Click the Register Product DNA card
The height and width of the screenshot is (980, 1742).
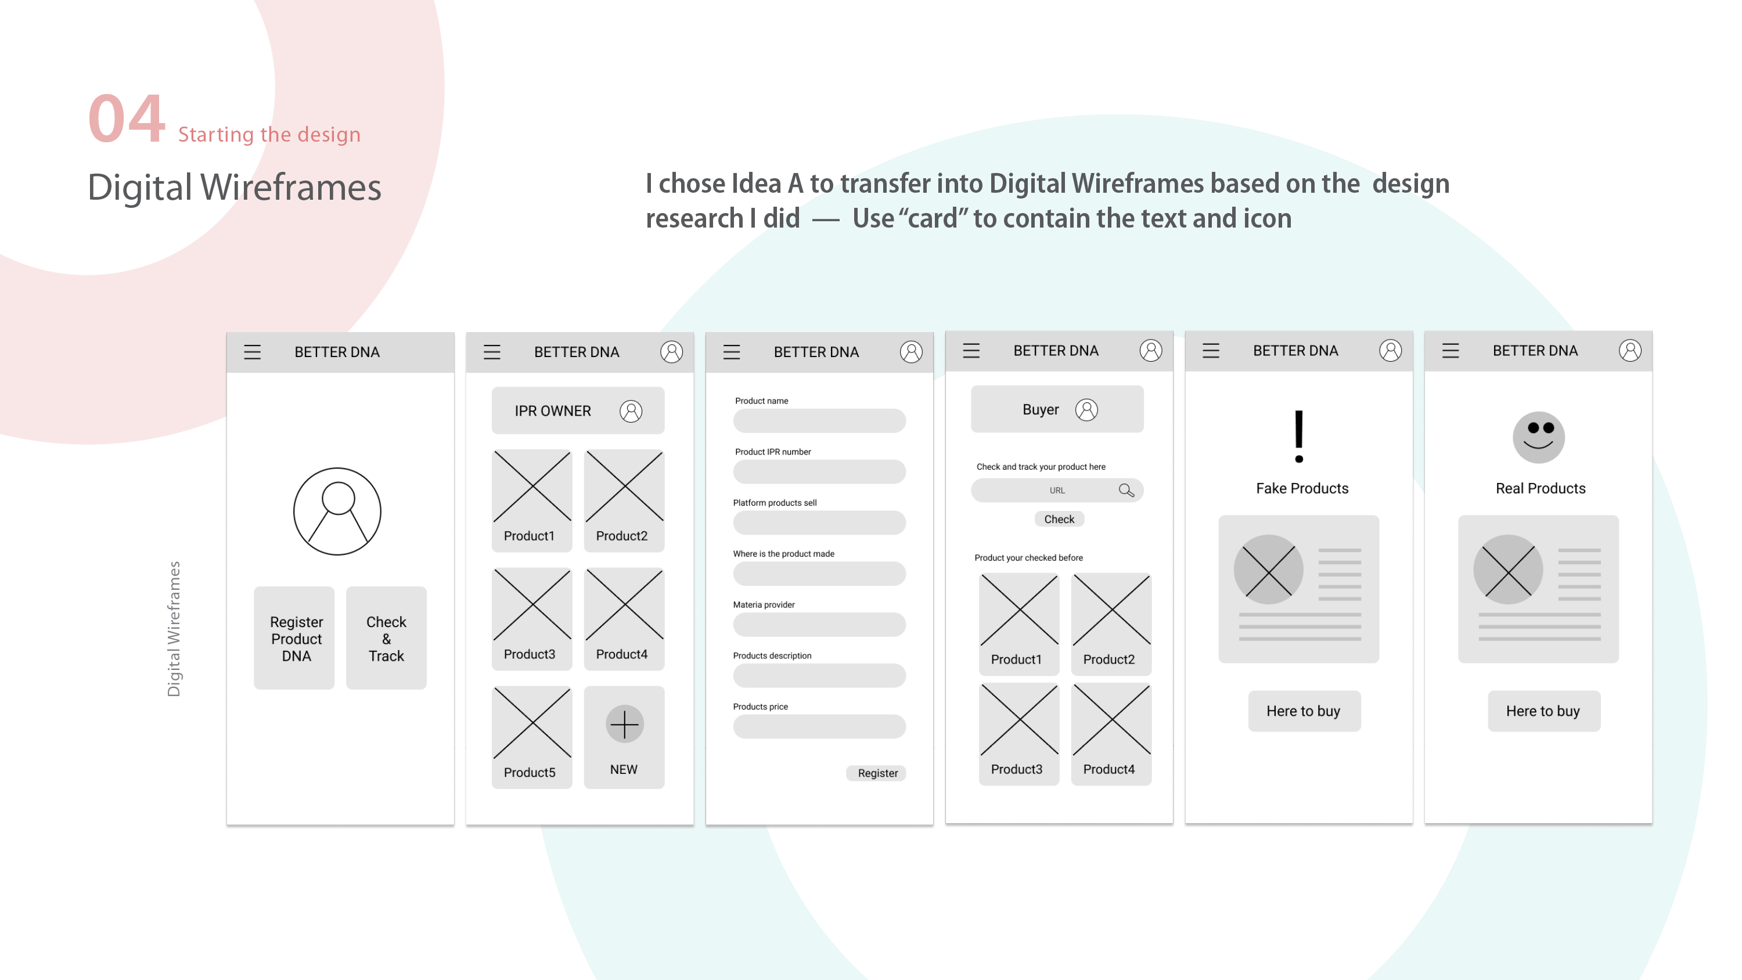[294, 638]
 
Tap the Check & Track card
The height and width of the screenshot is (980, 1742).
[386, 638]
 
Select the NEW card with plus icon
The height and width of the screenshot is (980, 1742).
[624, 737]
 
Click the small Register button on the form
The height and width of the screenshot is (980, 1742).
[876, 773]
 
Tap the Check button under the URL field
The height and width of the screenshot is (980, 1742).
[1059, 519]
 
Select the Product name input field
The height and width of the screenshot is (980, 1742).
[819, 421]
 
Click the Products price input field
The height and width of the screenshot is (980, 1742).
[819, 726]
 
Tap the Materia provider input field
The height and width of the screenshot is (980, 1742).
[819, 624]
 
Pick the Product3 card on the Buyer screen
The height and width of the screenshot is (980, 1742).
[1019, 734]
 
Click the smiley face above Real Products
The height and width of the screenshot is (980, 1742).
[1538, 437]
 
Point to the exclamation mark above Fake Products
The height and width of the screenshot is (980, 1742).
[1299, 436]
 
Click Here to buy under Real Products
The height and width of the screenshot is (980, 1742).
[1544, 711]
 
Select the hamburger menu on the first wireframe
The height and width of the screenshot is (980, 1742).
[252, 352]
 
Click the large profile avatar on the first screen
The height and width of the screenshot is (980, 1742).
[337, 511]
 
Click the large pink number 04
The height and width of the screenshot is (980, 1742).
[127, 118]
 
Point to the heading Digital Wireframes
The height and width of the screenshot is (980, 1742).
[235, 188]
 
